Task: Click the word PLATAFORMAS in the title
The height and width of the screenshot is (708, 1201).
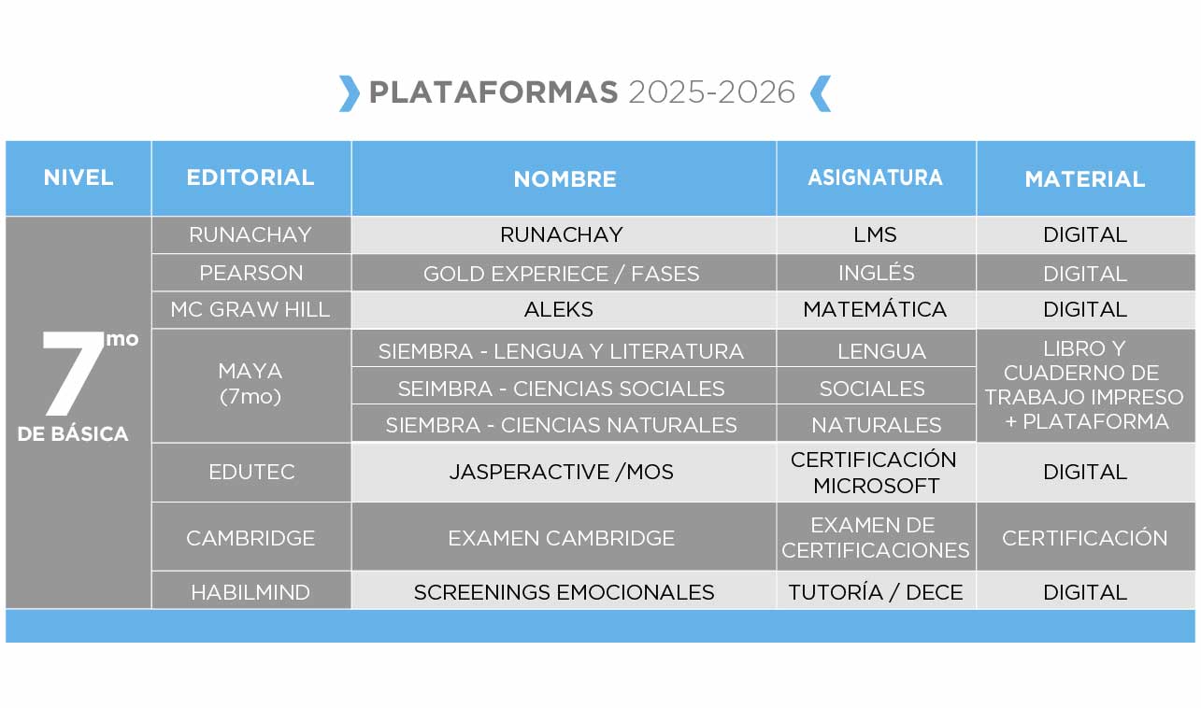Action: [493, 92]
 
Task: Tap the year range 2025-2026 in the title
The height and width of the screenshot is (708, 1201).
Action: [711, 92]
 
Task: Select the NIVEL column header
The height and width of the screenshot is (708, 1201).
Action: [79, 177]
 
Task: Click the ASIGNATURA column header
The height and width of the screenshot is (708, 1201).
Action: [875, 177]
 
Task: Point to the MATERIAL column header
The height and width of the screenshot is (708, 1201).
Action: [1085, 179]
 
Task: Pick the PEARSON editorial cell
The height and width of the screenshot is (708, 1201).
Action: [250, 273]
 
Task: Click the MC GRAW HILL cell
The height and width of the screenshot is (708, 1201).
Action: [250, 309]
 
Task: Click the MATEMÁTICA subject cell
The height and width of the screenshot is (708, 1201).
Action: [875, 309]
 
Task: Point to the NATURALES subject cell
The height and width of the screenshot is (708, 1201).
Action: [876, 425]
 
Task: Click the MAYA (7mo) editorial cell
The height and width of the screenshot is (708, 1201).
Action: [250, 384]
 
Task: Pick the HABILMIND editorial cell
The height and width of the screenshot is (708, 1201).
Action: [250, 592]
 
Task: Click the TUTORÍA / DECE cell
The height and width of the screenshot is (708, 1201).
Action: [876, 592]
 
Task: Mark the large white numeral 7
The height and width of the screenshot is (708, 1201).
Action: [72, 373]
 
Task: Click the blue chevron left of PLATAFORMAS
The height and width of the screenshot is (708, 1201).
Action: [350, 93]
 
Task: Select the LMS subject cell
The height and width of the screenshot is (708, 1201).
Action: [875, 234]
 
